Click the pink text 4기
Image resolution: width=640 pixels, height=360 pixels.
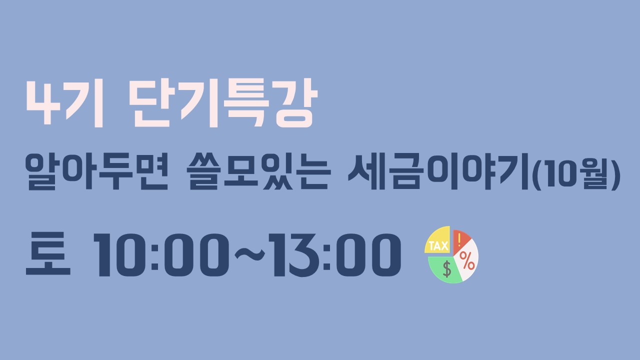coord(64,103)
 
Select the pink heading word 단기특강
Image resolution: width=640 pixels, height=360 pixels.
coord(223,103)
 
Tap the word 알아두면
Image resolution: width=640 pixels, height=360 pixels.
coord(96,171)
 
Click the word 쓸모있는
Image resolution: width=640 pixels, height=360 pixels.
coord(258,171)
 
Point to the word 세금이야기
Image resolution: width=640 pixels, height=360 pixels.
coord(438,171)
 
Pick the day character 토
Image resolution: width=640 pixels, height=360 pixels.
coord(48,253)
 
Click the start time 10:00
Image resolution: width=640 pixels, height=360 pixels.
coord(161,255)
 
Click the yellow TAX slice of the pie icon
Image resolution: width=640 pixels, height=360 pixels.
coord(437,240)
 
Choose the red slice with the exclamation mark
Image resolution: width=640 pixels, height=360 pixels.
coord(460,241)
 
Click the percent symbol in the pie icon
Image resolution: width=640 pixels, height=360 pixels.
coord(467,260)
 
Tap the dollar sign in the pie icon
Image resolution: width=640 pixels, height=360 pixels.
coord(447,269)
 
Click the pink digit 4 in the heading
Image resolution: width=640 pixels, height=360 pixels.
coord(43,103)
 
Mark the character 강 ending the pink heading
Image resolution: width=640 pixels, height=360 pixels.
coord(296,103)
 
